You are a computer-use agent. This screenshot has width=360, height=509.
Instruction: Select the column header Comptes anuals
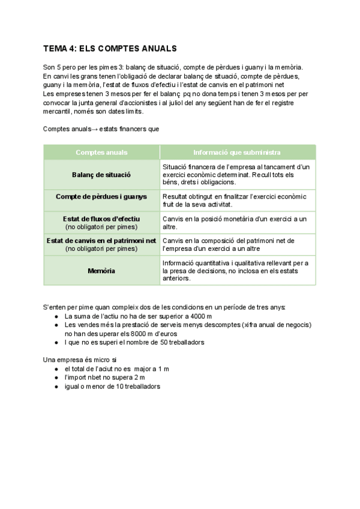(x=101, y=152)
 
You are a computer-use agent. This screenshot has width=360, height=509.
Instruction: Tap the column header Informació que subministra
(x=237, y=152)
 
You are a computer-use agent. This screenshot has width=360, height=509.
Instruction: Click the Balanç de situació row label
(x=101, y=175)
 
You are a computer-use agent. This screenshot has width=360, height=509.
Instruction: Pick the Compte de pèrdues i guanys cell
(x=101, y=196)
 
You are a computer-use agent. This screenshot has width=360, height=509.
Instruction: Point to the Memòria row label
(x=101, y=271)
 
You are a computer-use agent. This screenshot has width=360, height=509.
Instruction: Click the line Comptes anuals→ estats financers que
(x=101, y=128)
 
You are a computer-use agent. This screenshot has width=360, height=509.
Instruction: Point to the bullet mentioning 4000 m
(x=138, y=316)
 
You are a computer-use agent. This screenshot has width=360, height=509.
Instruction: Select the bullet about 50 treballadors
(x=134, y=342)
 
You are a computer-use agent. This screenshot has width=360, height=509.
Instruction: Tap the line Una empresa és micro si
(x=80, y=360)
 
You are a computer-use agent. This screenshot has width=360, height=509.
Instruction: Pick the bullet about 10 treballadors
(x=112, y=387)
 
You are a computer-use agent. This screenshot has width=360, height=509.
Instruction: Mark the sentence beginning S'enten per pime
(x=164, y=307)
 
